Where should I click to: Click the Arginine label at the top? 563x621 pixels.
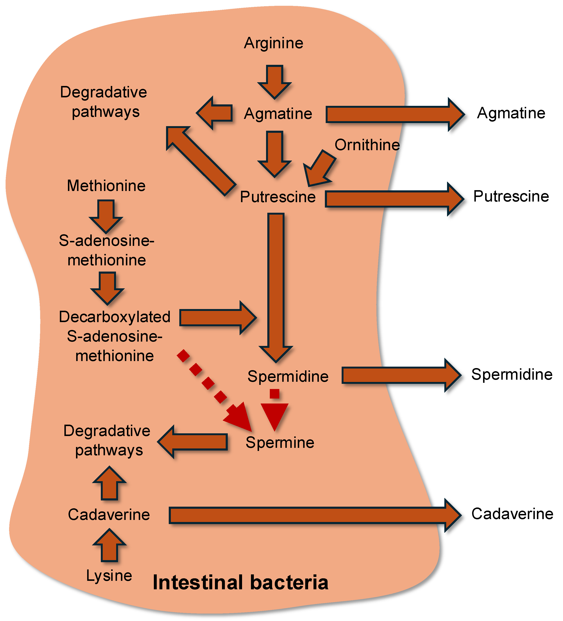click(x=274, y=43)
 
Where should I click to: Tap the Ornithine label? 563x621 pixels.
click(x=367, y=145)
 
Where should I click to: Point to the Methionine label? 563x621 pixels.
click(x=106, y=186)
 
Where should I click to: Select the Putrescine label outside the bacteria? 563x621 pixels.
click(x=511, y=196)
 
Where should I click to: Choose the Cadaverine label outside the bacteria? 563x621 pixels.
click(x=512, y=514)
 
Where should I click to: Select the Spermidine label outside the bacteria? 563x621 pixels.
click(x=512, y=374)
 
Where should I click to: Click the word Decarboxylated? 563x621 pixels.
click(x=115, y=317)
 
